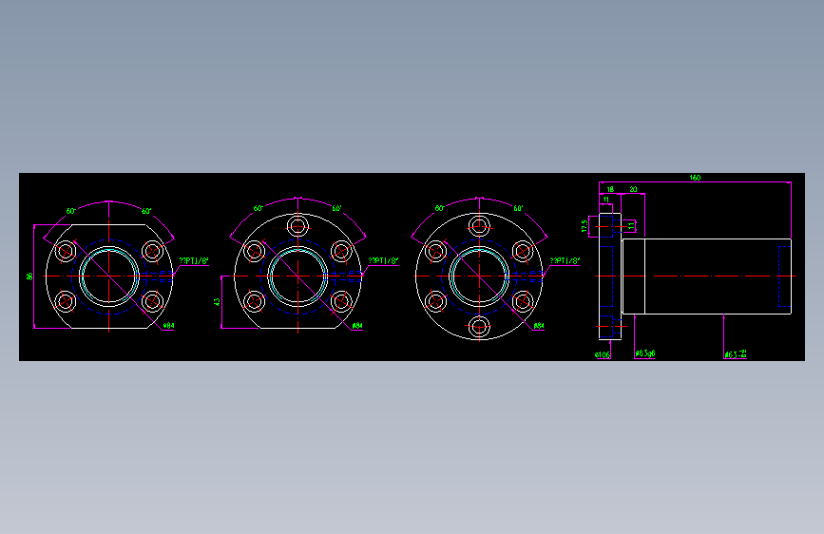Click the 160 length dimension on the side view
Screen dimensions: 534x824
click(695, 178)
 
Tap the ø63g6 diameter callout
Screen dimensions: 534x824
click(645, 354)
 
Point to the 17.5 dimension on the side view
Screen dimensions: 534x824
click(584, 226)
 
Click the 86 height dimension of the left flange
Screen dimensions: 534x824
click(29, 277)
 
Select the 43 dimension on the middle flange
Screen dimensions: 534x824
click(217, 302)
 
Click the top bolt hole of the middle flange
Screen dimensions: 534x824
click(297, 226)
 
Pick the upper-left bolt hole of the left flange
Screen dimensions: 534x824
click(67, 252)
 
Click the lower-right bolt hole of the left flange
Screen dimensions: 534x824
click(152, 301)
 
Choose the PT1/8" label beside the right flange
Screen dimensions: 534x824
click(566, 260)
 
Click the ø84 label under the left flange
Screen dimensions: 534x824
click(169, 326)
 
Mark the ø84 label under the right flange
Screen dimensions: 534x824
click(538, 326)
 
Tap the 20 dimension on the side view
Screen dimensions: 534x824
click(633, 189)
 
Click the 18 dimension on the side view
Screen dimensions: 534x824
click(610, 189)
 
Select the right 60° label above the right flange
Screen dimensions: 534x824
click(518, 207)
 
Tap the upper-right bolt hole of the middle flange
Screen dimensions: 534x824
click(340, 252)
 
